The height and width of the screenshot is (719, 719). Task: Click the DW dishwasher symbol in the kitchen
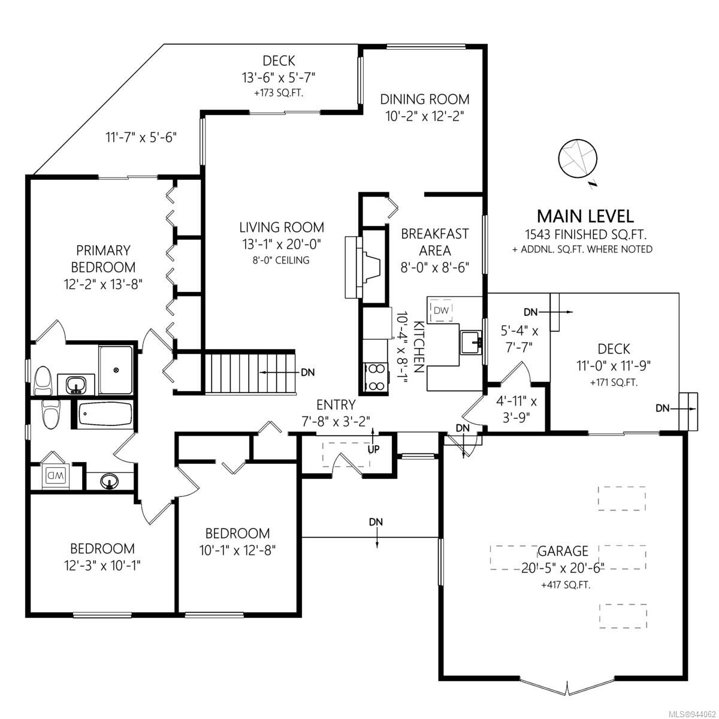tap(440, 309)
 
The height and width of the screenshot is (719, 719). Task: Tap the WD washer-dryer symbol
tap(55, 476)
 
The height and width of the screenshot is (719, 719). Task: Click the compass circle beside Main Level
tap(577, 158)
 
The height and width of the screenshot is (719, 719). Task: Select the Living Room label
tap(282, 227)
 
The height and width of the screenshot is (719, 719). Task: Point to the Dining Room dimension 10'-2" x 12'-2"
tap(424, 116)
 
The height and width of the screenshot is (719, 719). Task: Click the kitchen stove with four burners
tap(376, 377)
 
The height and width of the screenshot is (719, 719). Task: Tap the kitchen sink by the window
tap(472, 342)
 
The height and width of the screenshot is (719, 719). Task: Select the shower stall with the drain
tap(116, 370)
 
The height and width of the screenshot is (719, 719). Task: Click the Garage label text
tap(563, 551)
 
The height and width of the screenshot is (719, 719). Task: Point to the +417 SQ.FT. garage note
tap(566, 585)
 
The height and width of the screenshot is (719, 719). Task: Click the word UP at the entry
tap(373, 449)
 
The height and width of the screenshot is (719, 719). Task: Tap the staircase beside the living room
tap(250, 373)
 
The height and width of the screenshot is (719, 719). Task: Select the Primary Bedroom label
tap(103, 259)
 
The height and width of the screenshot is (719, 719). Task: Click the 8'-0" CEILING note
tap(281, 260)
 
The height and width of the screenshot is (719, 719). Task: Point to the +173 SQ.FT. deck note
tap(279, 93)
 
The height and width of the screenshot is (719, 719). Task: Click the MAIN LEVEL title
tap(585, 216)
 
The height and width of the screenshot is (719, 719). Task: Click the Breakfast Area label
tap(434, 242)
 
